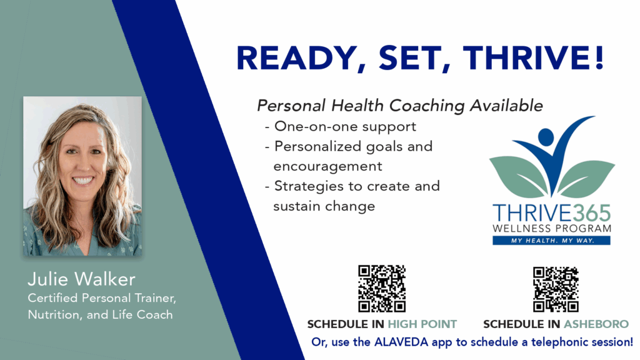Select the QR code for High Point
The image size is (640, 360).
click(x=382, y=289)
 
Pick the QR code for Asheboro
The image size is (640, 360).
click(x=556, y=289)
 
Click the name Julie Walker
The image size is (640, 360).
click(x=81, y=279)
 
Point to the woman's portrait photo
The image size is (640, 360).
click(x=82, y=176)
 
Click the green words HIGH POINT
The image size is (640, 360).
click(x=422, y=324)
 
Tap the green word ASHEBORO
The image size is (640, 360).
click(x=596, y=324)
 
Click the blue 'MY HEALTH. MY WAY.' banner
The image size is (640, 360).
click(x=551, y=241)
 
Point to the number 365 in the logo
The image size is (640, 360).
click(x=591, y=213)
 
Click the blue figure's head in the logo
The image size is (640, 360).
click(x=546, y=137)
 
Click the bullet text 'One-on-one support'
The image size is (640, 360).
click(x=345, y=126)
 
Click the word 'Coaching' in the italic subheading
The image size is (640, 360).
click(x=426, y=106)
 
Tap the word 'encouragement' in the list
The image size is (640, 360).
click(x=327, y=166)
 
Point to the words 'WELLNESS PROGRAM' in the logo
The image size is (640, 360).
click(x=552, y=229)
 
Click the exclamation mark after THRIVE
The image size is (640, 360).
click(x=599, y=57)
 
